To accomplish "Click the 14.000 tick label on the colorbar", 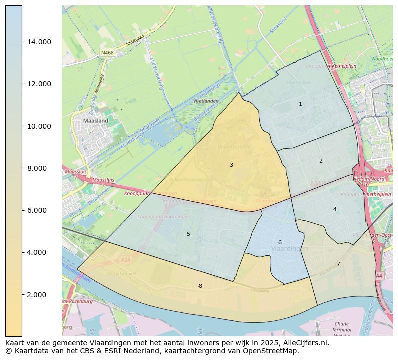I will click(39, 42).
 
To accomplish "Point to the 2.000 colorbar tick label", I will click(39, 294).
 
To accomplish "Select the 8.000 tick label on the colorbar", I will click(39, 168).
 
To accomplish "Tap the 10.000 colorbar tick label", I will click(39, 126).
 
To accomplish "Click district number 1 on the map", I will click(300, 104).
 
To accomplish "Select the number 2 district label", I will click(321, 161).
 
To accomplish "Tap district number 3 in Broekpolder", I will click(231, 165).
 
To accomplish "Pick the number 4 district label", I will click(335, 209).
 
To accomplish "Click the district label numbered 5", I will click(188, 234).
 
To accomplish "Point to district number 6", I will click(280, 242).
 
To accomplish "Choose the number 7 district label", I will click(338, 264).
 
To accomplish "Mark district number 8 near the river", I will click(200, 286).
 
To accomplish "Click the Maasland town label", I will click(95, 121).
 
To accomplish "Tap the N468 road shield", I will click(107, 52).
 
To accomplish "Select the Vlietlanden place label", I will click(206, 101).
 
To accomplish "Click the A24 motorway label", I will click(125, 260).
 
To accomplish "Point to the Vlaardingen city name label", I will click(289, 249).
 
